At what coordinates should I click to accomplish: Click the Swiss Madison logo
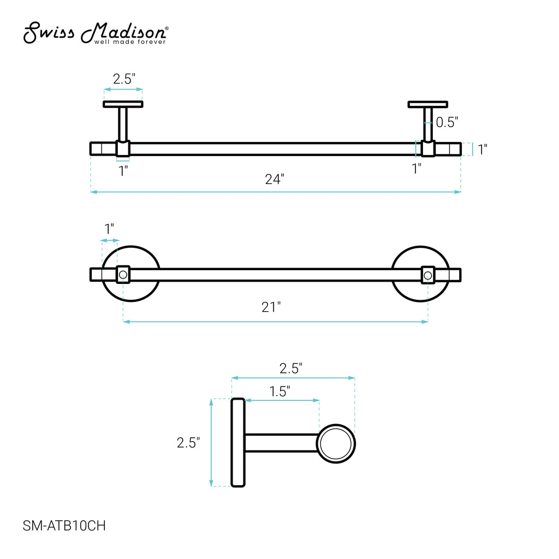tap(96, 33)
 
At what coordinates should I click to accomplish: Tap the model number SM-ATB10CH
tap(64, 526)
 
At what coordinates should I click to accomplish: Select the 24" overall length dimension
tap(275, 179)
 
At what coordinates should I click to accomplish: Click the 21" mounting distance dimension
tap(271, 307)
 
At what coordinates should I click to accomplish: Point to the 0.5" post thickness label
tap(447, 122)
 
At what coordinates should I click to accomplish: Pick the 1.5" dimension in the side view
tap(279, 391)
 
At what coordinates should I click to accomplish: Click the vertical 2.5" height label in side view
tap(188, 442)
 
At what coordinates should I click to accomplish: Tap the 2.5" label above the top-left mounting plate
tap(124, 79)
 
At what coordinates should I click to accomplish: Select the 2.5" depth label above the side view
tap(291, 368)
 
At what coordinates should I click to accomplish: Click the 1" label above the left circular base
tap(109, 229)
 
